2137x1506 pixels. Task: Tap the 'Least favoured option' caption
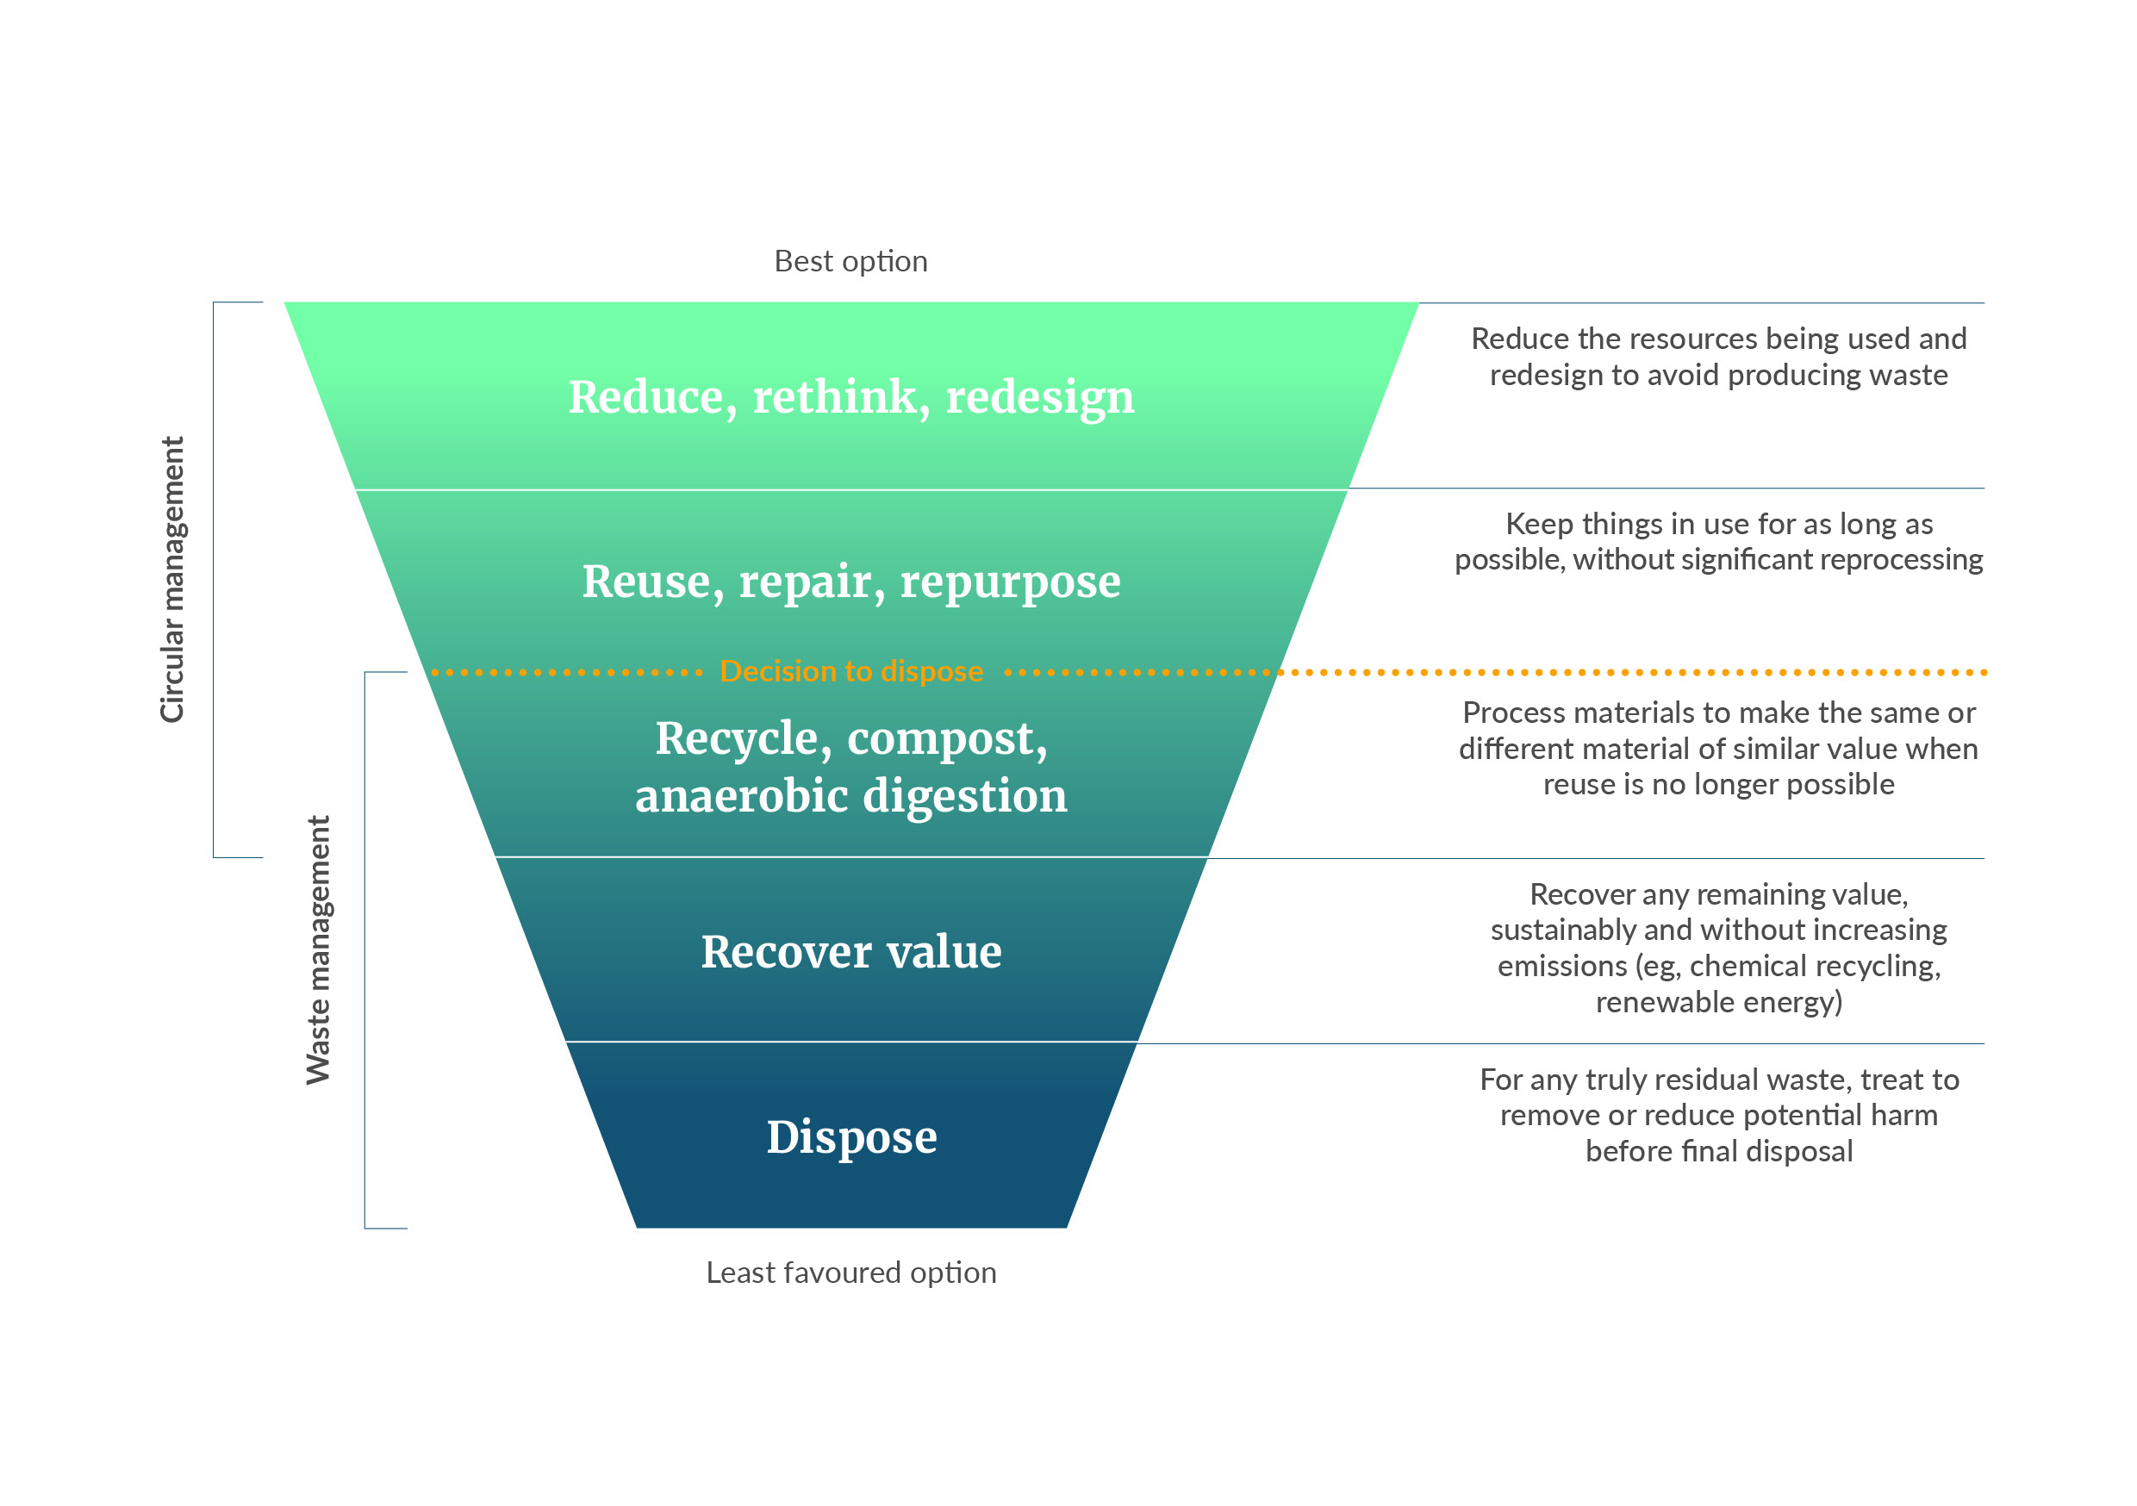click(x=850, y=1273)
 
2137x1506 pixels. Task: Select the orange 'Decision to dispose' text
click(x=850, y=671)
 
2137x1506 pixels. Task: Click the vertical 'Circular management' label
click(x=172, y=579)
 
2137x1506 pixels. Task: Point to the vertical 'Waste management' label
click(x=318, y=950)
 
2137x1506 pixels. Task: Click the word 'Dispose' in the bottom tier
click(x=851, y=1137)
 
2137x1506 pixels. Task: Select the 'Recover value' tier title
click(x=851, y=951)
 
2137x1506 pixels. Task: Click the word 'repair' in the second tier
click(x=812, y=582)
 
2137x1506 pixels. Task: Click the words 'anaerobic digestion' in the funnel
click(x=851, y=797)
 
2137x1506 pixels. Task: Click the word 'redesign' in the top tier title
click(x=1041, y=398)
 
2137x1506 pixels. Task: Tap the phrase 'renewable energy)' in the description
click(x=1719, y=1003)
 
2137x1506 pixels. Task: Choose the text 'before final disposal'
click(x=1719, y=1151)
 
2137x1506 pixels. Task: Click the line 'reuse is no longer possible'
click(x=1719, y=785)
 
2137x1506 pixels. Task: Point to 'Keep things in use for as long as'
click(x=1719, y=524)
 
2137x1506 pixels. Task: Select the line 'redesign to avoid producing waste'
click(x=1719, y=375)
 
